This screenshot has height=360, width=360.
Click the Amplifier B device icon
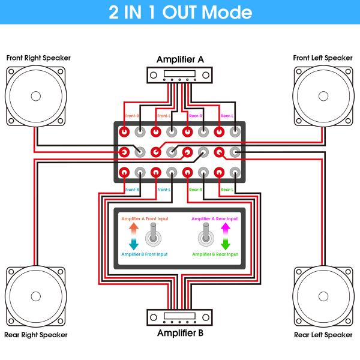point(180,317)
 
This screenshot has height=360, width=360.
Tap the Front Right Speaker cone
point(35,95)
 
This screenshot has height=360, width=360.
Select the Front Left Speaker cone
point(324,95)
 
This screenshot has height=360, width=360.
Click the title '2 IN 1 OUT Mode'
point(180,13)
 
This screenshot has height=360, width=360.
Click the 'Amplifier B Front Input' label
point(145,254)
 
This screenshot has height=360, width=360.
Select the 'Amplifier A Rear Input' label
point(214,219)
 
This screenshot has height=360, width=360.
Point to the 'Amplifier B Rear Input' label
point(214,254)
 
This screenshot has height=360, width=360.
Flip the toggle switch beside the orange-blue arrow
point(153,234)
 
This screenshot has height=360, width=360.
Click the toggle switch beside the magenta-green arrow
point(206,234)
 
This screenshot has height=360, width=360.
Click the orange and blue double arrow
point(133,236)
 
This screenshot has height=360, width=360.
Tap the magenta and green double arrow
point(226,236)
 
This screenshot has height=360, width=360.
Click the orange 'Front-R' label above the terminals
point(132,116)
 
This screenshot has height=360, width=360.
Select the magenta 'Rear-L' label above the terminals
point(227,116)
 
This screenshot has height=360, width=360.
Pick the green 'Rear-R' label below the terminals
point(196,190)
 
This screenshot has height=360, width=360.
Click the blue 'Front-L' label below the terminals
point(164,190)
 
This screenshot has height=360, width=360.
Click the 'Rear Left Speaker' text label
point(323,334)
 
